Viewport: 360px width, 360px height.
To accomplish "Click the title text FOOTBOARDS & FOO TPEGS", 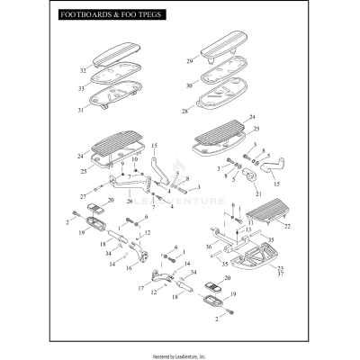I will (101, 14).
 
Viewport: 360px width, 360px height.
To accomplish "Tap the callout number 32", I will (83, 70).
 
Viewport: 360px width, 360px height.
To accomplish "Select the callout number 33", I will (83, 88).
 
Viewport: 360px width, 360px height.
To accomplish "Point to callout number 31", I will (83, 110).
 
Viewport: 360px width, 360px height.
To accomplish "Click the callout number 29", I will (190, 61).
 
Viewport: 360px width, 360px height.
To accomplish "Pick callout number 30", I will (190, 85).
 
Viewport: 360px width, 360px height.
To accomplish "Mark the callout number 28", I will (186, 112).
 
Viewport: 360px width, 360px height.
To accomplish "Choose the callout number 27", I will (83, 195).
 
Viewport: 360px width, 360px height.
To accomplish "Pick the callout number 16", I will (130, 267).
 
